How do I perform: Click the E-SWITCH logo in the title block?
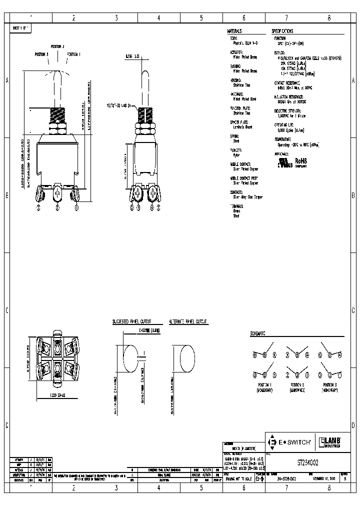(290, 442)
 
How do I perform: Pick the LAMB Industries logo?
(330, 442)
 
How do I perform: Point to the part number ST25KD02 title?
(310, 463)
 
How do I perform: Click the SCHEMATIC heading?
(258, 333)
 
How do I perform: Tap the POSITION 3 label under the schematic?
(328, 385)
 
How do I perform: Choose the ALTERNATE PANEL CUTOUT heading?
(188, 322)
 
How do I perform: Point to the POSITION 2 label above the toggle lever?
(56, 46)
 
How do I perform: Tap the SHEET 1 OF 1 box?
(20, 29)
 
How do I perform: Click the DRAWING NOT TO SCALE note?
(238, 478)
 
